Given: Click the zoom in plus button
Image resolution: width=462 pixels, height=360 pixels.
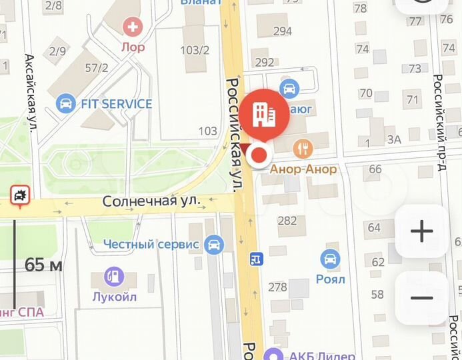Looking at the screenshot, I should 421,231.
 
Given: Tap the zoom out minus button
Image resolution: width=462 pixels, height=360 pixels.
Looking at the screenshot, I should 421,297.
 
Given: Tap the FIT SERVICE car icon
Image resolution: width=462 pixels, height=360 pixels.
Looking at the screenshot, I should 65,103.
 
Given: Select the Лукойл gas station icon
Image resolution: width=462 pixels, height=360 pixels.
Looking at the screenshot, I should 114,275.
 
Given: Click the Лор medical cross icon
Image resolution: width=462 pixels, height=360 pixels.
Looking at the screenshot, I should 133,27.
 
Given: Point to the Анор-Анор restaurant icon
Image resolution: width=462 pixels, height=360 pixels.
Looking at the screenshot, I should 304,148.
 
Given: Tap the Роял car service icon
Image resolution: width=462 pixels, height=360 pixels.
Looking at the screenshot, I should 330,258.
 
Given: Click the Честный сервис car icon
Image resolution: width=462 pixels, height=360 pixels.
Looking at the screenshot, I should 213,244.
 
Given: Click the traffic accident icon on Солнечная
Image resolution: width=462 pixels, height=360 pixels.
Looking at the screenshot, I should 19,195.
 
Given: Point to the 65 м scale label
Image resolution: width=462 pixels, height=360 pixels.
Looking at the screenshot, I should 43,265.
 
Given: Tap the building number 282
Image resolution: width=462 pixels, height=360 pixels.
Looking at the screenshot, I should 287,221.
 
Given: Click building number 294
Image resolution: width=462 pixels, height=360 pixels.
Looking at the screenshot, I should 283,31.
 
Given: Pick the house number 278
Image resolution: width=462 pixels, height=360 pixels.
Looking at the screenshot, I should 277,287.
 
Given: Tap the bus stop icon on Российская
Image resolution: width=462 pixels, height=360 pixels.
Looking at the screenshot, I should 255,258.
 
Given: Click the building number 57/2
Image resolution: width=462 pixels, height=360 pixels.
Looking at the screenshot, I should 95,67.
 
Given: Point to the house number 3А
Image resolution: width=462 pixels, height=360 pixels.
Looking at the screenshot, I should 394,139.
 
